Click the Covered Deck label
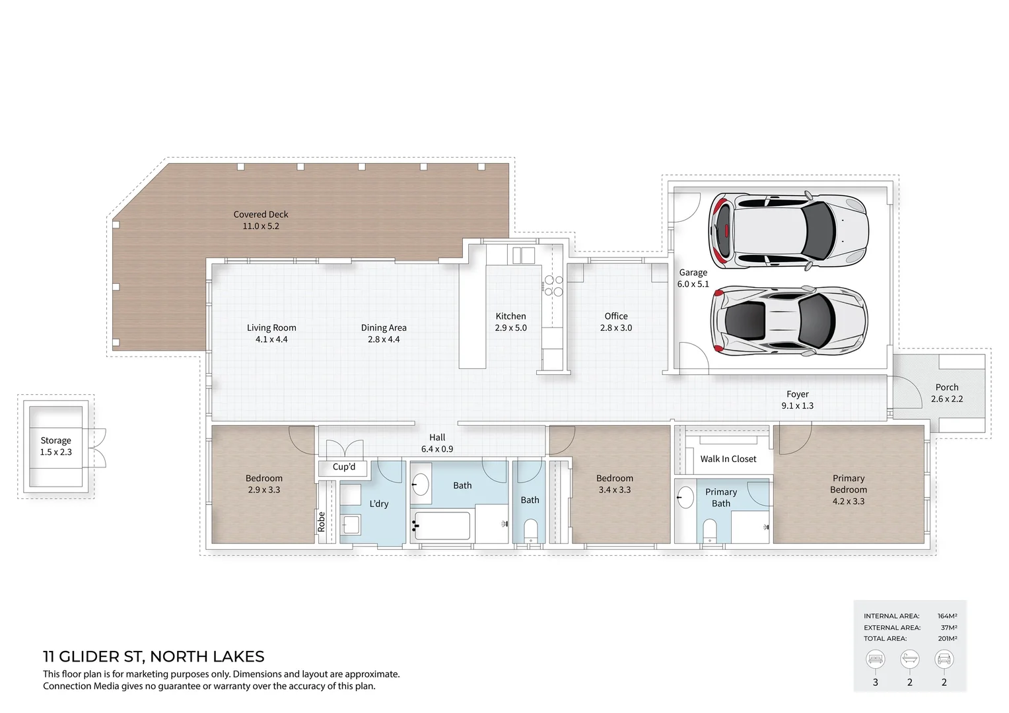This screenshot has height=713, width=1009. click(x=261, y=215)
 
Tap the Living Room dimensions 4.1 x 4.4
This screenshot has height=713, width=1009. click(x=271, y=339)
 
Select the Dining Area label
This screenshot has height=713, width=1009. click(x=384, y=327)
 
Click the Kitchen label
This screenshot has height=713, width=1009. click(x=510, y=316)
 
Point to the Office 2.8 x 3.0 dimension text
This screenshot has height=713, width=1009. click(x=615, y=328)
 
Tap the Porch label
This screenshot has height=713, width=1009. click(x=946, y=388)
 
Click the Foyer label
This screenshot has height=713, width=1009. click(x=797, y=394)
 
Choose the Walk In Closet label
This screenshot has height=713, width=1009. click(x=728, y=459)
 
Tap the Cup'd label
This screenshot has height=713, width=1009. click(x=343, y=467)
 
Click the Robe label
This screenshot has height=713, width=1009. click(x=322, y=522)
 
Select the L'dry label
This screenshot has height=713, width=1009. click(x=379, y=504)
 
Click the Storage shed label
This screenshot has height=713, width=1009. click(x=55, y=440)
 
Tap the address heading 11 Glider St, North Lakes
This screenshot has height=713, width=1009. click(x=153, y=656)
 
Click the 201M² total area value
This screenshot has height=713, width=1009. click(x=947, y=638)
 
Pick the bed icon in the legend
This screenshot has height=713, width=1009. click(x=876, y=659)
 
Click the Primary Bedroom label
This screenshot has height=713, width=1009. click(x=848, y=484)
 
